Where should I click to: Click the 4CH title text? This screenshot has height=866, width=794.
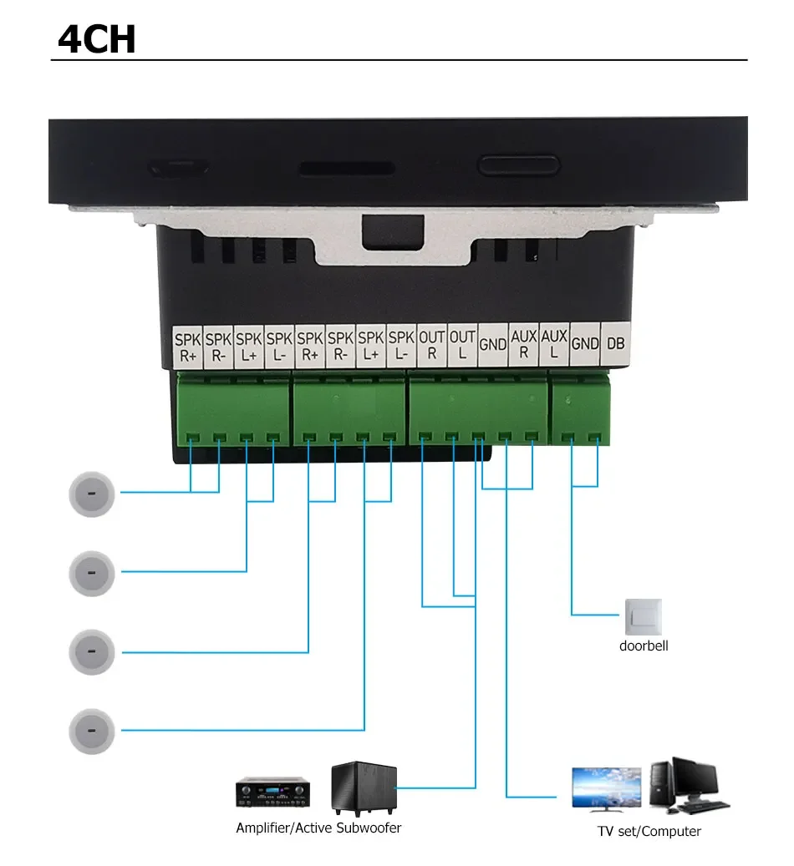tap(97, 38)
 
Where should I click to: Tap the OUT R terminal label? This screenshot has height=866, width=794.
tap(431, 344)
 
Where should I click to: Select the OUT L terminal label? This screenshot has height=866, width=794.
tap(462, 344)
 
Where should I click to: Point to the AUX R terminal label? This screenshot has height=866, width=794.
tap(523, 344)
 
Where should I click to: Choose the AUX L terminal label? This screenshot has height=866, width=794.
tap(554, 344)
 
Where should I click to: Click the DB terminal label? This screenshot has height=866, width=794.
tap(615, 344)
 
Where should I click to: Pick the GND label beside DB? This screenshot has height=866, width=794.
tap(585, 344)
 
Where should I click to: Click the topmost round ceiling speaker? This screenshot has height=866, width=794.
tap(91, 493)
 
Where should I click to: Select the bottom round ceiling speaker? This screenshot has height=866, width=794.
tap(91, 730)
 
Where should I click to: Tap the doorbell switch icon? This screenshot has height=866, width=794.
tap(643, 616)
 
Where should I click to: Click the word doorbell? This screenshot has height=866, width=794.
tap(644, 646)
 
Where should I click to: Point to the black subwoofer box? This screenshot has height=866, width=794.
tap(364, 788)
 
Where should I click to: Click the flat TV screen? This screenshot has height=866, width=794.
tap(606, 788)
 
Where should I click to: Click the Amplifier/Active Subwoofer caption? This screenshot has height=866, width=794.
tap(318, 828)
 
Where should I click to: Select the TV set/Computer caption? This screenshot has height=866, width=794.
tap(649, 831)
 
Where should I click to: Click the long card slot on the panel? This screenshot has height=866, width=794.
tap(347, 168)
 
